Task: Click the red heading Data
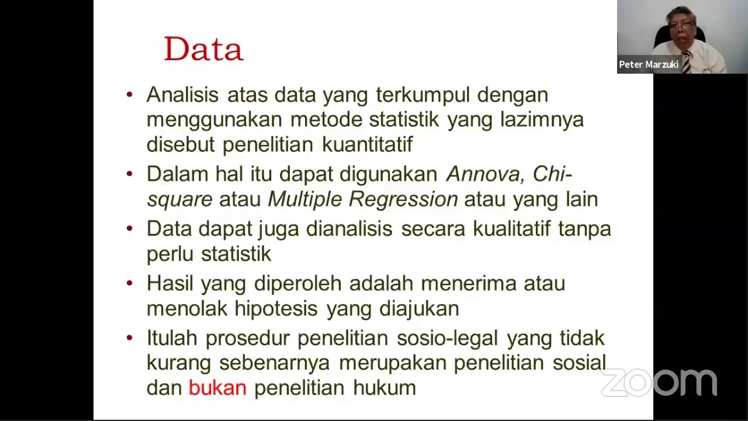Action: [x=203, y=49]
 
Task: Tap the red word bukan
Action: [x=217, y=388]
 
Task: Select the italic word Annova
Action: [x=482, y=174]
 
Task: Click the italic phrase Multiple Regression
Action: [x=362, y=199]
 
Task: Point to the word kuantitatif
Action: [x=367, y=144]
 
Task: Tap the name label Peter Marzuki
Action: [x=649, y=65]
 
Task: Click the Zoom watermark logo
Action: [x=659, y=383]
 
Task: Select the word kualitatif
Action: [x=511, y=229]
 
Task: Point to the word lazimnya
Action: [x=542, y=119]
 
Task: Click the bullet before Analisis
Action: [x=130, y=94]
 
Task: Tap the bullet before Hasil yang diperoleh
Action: [x=130, y=284]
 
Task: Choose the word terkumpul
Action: [x=423, y=95]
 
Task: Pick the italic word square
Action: [x=179, y=199]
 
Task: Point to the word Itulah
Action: [x=172, y=338]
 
